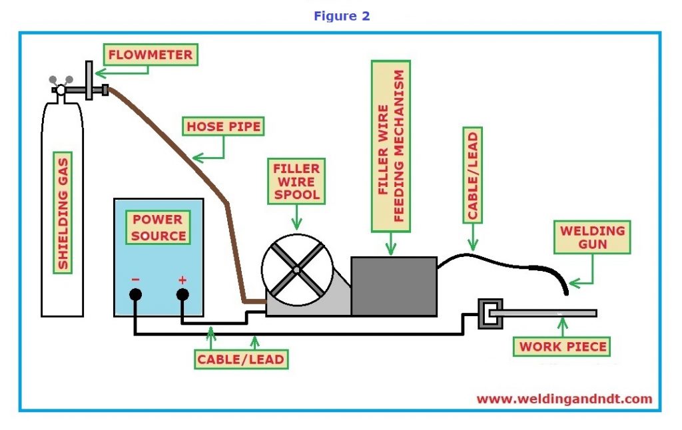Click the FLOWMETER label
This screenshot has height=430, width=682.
pyautogui.click(x=151, y=55)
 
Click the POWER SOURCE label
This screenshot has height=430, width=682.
pyautogui.click(x=159, y=227)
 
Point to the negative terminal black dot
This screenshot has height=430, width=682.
pyautogui.click(x=135, y=294)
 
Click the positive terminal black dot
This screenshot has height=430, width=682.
pyautogui.click(x=182, y=294)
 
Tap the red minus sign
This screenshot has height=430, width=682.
pyautogui.click(x=135, y=280)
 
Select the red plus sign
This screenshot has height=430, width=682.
pyautogui.click(x=182, y=280)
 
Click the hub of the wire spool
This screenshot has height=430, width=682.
pyautogui.click(x=296, y=270)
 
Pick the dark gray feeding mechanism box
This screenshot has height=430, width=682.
pyautogui.click(x=394, y=286)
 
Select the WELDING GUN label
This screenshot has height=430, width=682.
pyautogui.click(x=593, y=238)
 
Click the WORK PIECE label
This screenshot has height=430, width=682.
pyautogui.click(x=563, y=347)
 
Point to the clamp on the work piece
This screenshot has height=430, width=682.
pyautogui.click(x=490, y=313)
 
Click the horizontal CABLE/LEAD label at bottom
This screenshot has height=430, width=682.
pyautogui.click(x=240, y=359)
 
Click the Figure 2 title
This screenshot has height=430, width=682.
pyautogui.click(x=341, y=15)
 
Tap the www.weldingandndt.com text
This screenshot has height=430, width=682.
pyautogui.click(x=564, y=399)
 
